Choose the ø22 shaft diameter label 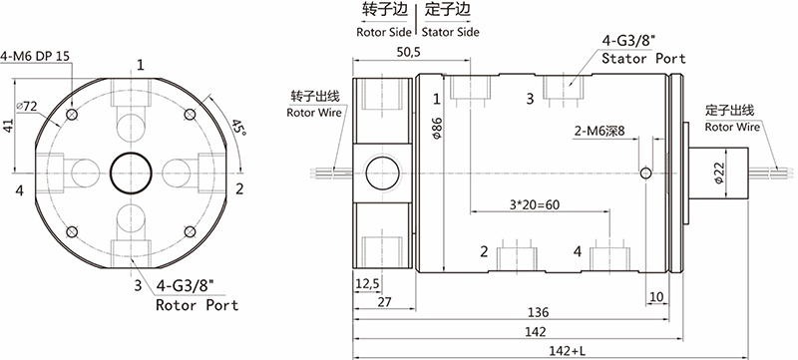(718, 174)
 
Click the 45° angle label (237, 127)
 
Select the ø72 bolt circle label (27, 107)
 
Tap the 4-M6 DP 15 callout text (35, 56)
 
